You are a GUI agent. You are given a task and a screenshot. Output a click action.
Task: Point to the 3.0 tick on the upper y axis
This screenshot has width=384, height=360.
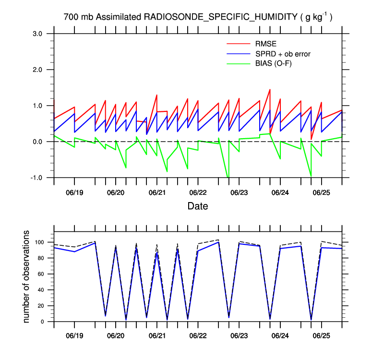[38, 34]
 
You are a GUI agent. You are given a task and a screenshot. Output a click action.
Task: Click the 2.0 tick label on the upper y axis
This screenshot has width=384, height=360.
[38, 70]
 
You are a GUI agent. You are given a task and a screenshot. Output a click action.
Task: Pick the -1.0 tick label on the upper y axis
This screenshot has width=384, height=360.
[37, 178]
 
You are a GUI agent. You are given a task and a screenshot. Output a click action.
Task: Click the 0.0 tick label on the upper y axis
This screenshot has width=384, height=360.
[38, 142]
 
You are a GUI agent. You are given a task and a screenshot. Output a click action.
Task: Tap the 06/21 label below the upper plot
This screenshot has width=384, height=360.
[156, 192]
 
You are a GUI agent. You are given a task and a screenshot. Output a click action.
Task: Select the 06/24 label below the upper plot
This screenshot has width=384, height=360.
[280, 192]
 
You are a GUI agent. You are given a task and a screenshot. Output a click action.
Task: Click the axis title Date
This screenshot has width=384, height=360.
[198, 207]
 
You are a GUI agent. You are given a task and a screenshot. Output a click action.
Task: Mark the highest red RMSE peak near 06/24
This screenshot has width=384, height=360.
[270, 89]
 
